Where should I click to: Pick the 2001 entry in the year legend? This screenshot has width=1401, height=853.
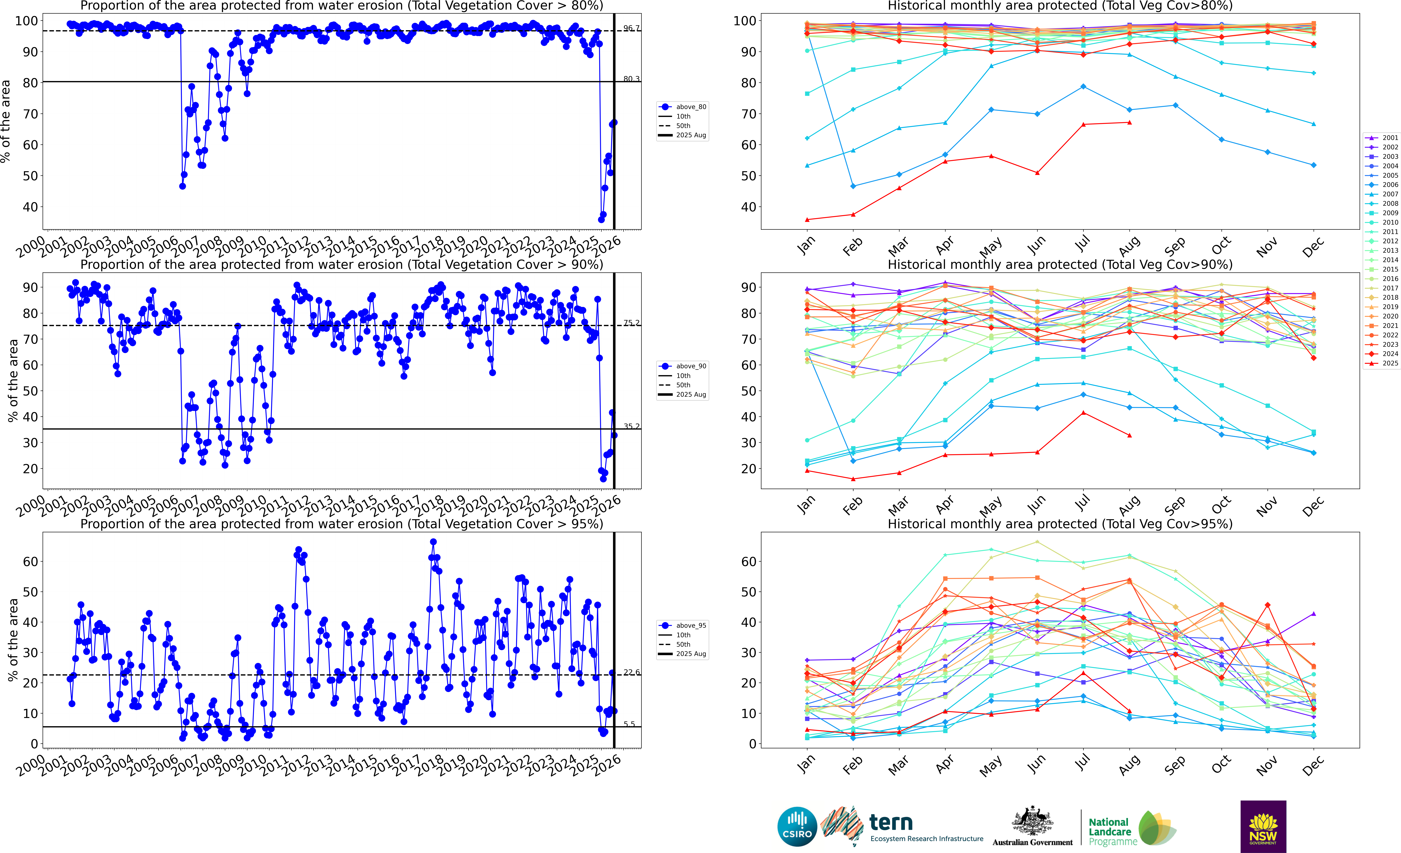coord(1382,138)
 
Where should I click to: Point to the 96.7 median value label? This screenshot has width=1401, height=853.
coord(631,28)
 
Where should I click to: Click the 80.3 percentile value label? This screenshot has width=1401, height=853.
coord(631,79)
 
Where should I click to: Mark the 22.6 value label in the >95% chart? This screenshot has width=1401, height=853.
coord(631,672)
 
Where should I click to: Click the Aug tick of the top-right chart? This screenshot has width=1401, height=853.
coord(1129,246)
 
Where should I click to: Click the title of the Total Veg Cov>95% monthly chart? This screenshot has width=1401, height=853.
coord(1060,524)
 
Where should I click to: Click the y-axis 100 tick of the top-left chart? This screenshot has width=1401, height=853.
coord(26,21)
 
